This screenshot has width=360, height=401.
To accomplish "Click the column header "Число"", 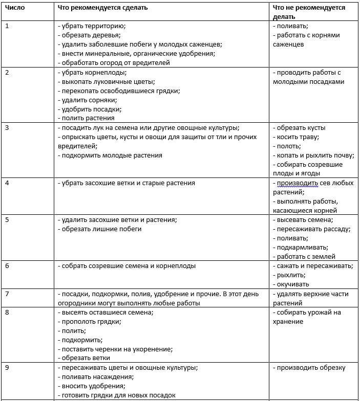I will point(15,8).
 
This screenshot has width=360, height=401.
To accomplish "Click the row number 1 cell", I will point(7,26).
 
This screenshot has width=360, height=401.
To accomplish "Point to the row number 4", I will point(7,183).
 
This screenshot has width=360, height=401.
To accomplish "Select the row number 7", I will point(7,294).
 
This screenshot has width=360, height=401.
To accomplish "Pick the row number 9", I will point(7,367).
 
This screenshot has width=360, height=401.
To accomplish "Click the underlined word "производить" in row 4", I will point(297,183).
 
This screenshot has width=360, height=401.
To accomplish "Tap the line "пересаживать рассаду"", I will point(313,229).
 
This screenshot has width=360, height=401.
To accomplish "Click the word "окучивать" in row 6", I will point(293,284).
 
